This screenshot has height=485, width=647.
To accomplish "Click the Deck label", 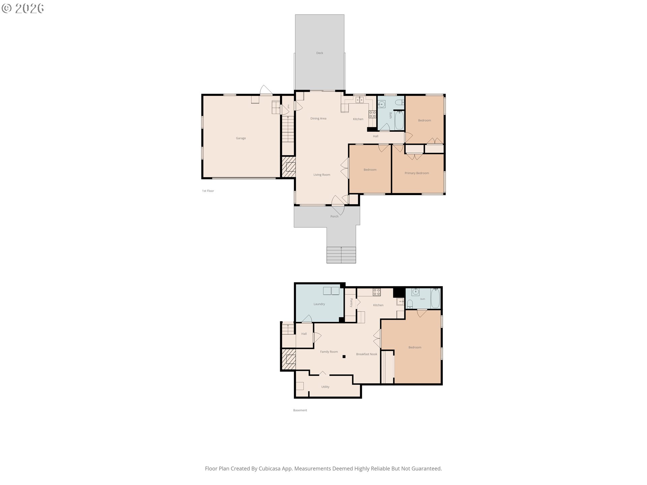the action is (x=319, y=53).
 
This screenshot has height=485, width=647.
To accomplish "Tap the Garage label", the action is (x=241, y=138).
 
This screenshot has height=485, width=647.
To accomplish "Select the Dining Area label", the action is (x=318, y=119).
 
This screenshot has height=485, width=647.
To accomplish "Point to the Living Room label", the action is (x=322, y=175).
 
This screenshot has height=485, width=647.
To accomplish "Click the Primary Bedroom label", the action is (x=417, y=173).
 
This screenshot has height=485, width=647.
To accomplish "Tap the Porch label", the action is (x=334, y=217).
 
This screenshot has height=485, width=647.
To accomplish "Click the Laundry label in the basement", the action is (x=319, y=304).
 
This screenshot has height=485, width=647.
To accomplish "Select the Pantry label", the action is (x=351, y=302).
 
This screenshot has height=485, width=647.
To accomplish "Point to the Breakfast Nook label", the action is (x=367, y=354).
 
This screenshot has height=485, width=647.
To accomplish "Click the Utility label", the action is (x=325, y=387).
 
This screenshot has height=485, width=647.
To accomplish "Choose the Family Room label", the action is (x=329, y=352).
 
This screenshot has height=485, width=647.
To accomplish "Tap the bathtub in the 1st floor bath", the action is (x=399, y=120).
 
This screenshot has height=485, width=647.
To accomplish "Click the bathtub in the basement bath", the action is (x=435, y=298).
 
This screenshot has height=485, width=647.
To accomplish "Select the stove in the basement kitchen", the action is (x=377, y=292).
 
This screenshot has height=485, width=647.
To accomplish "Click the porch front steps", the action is (x=341, y=255).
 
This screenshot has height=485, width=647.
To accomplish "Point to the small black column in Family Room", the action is (x=344, y=356).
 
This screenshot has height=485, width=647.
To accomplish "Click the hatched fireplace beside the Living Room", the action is (x=288, y=167).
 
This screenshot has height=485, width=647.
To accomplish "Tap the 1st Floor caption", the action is (x=208, y=191).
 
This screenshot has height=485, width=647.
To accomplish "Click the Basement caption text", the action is (x=300, y=410).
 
